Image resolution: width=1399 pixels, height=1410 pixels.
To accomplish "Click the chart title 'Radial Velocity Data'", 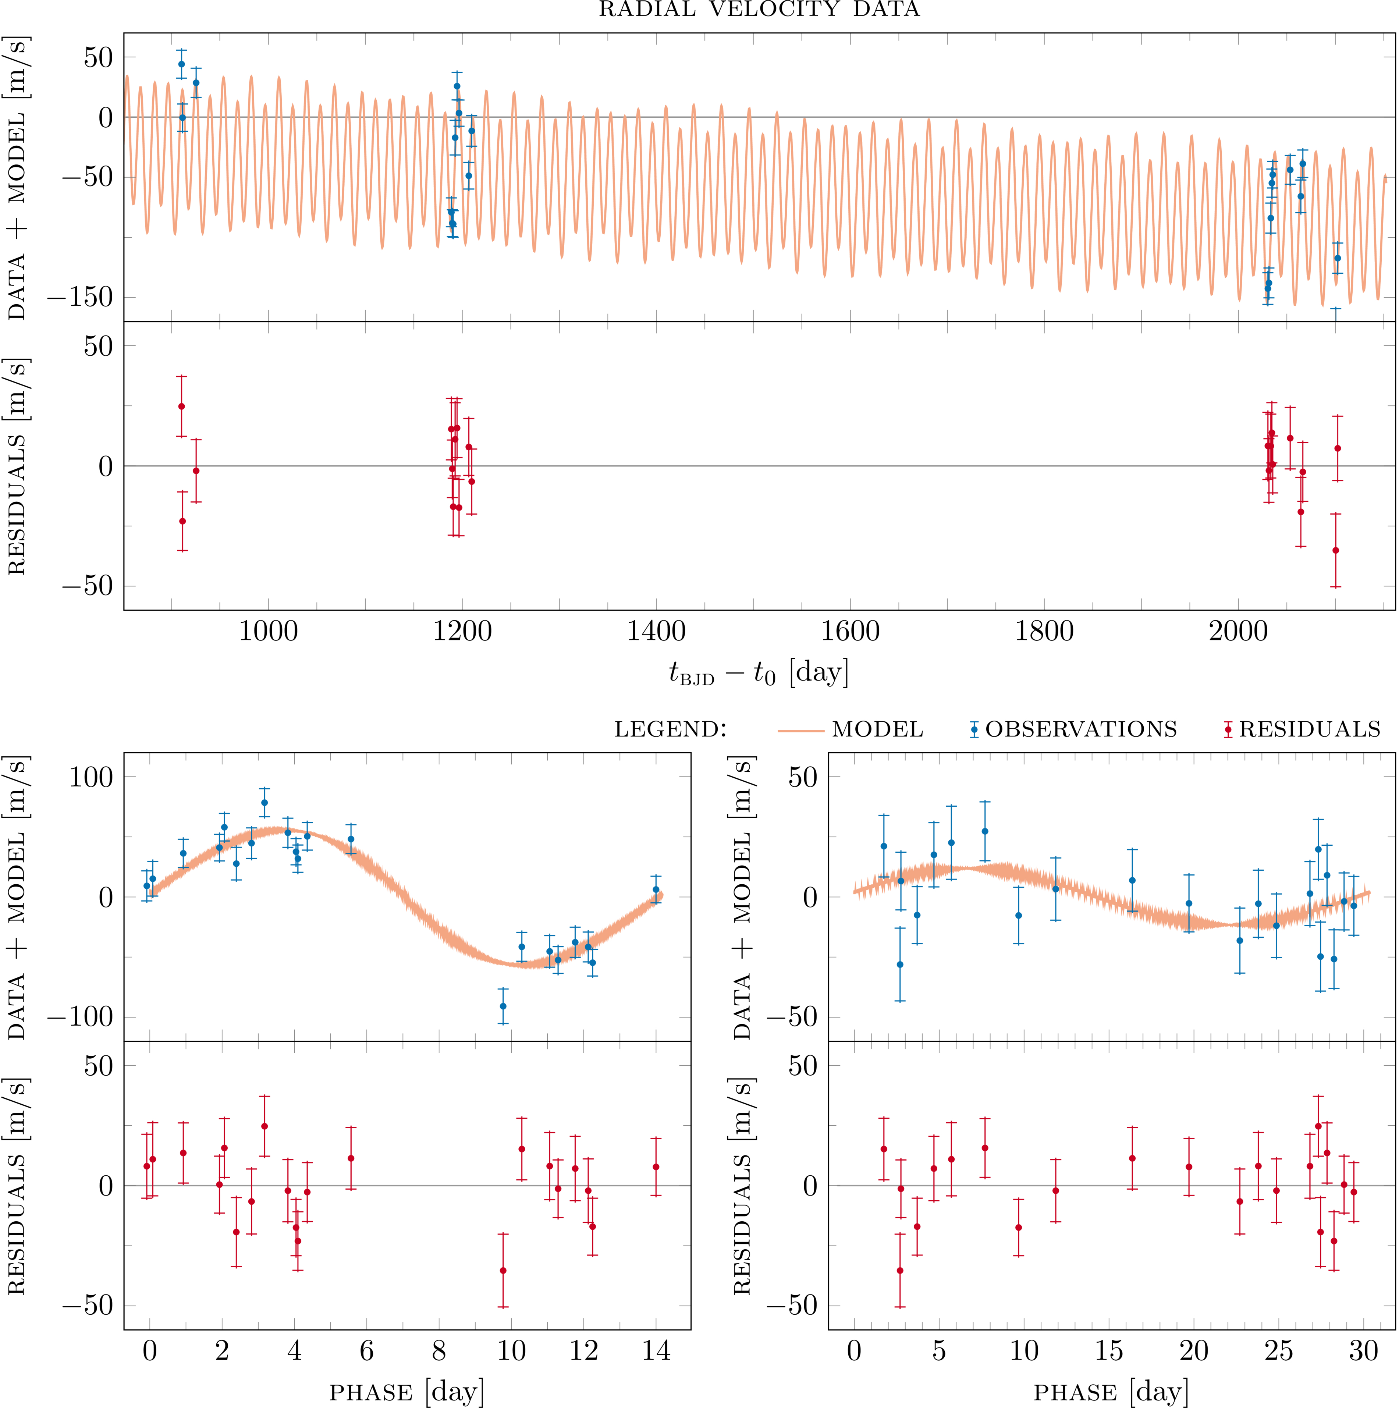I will point(759,10).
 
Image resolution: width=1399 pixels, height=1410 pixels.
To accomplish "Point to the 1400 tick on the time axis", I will point(656,631).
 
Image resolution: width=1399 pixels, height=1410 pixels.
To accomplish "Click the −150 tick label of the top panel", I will point(80,297).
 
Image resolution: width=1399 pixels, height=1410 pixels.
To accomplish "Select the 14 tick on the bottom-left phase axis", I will point(656,1351).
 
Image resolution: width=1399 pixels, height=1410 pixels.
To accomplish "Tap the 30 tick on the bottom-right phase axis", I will point(1363,1351).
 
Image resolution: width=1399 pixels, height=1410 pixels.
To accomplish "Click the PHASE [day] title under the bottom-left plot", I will point(406,1392).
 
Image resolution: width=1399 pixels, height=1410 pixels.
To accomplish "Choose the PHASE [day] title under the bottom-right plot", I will point(1111,1392).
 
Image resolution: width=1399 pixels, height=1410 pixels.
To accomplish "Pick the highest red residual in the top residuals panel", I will point(182,406).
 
